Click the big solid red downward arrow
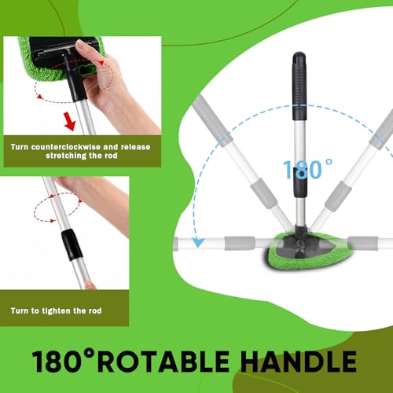click(70, 121)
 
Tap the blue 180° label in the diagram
click(307, 170)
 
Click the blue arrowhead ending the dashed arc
click(198, 242)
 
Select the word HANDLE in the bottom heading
click(299, 362)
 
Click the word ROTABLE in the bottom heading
click(163, 362)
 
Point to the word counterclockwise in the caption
click(66, 147)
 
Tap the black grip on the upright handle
click(299, 86)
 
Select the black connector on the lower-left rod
click(72, 245)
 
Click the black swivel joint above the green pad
click(300, 231)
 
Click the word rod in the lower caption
click(95, 311)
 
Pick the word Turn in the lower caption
click(20, 311)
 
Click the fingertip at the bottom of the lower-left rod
click(90, 285)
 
